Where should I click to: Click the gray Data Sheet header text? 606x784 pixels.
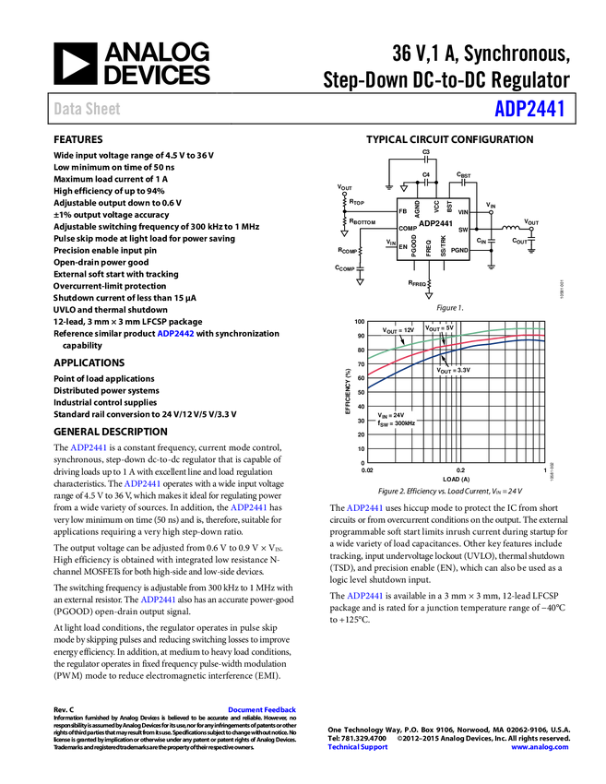click(88, 109)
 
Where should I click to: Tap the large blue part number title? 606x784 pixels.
click(529, 109)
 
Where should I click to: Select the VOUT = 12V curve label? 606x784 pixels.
click(398, 329)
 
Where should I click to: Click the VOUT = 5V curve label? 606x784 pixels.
click(440, 328)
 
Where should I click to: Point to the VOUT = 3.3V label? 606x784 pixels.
click(454, 370)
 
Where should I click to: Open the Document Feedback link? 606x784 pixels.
click(263, 710)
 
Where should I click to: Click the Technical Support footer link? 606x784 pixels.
click(358, 747)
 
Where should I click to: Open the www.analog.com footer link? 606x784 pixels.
click(540, 747)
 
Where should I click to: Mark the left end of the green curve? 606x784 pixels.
click(371, 356)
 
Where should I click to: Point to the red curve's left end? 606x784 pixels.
click(371, 373)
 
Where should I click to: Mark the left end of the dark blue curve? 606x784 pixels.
click(371, 387)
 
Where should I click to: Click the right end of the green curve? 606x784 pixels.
click(542, 328)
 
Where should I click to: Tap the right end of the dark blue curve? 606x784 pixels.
click(542, 341)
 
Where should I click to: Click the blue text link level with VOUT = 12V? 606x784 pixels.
click(176, 333)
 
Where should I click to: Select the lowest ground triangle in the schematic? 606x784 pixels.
click(428, 295)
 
